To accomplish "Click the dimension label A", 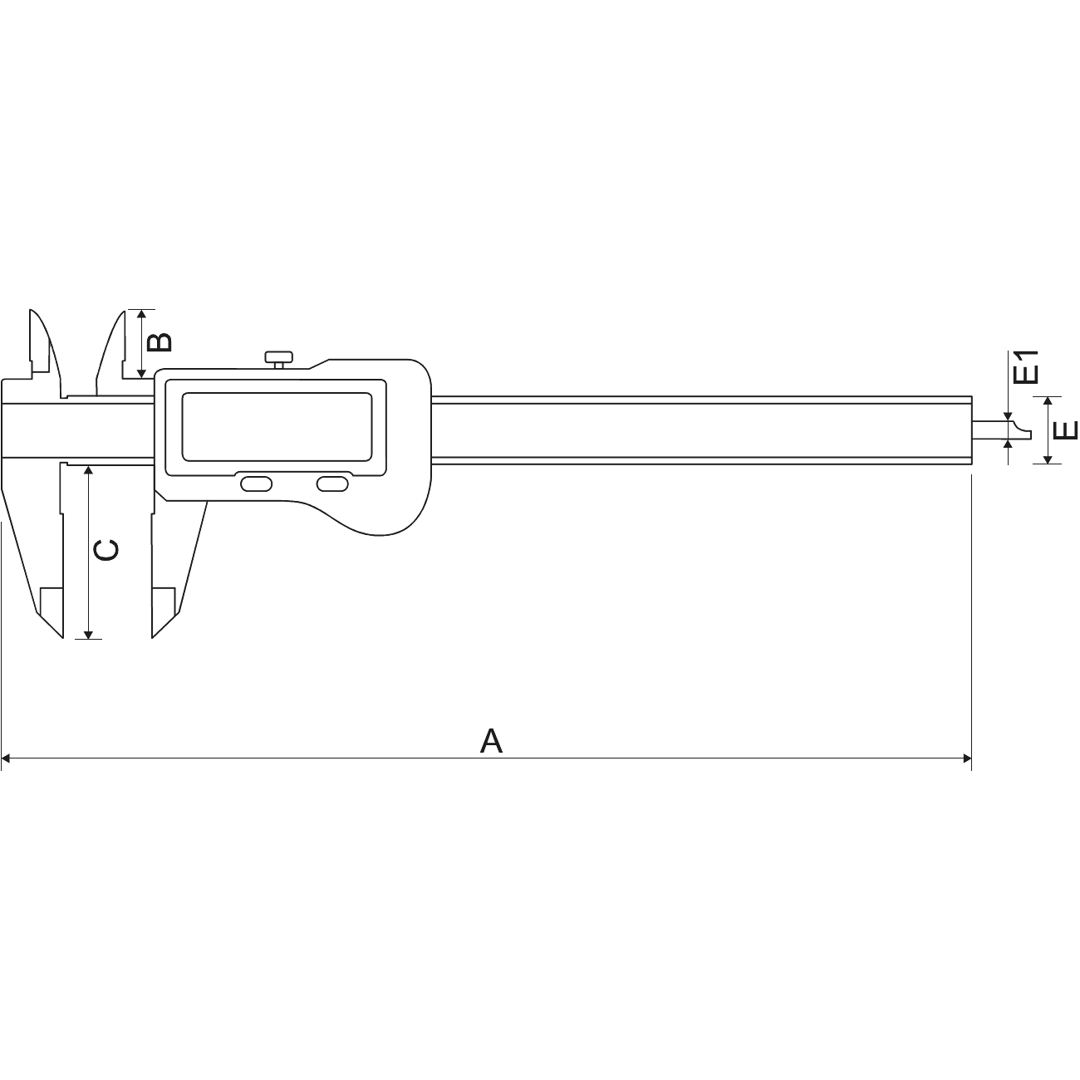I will click(x=491, y=740).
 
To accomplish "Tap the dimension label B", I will click(x=160, y=341).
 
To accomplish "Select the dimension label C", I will click(x=105, y=550).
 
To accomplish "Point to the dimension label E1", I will click(x=1028, y=366).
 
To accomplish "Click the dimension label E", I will click(x=1065, y=430).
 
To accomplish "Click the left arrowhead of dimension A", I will click(x=6, y=758).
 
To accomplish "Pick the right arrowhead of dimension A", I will click(x=966, y=758).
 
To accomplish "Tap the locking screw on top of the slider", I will click(x=278, y=359).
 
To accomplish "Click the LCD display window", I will click(x=274, y=425).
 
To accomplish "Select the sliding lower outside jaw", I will click(x=176, y=548).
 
